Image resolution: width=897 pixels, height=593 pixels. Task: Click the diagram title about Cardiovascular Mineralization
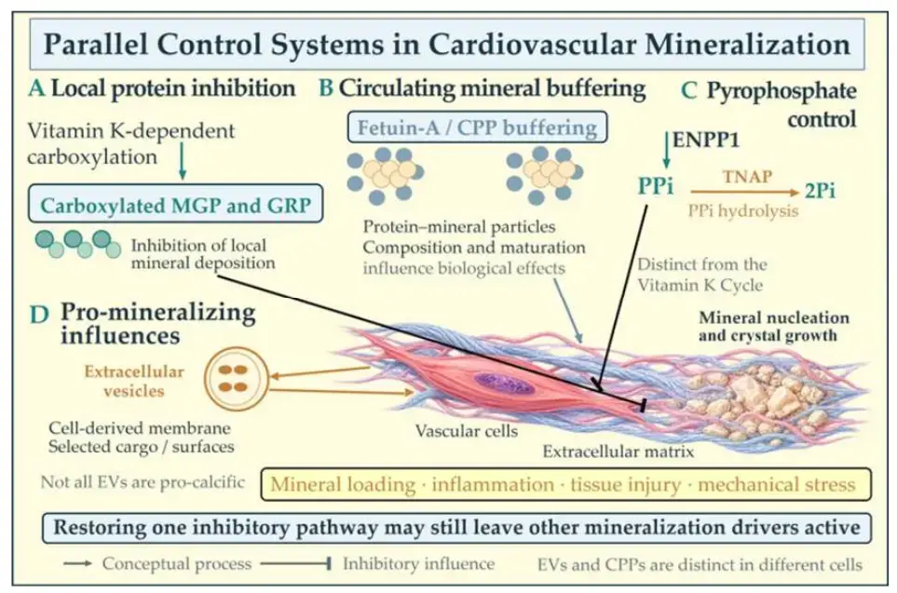tap(447, 44)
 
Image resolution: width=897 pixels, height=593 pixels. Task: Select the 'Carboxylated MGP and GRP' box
tap(176, 204)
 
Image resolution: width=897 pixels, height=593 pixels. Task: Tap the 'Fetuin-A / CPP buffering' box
tap(477, 127)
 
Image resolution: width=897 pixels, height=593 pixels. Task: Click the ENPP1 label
tap(706, 140)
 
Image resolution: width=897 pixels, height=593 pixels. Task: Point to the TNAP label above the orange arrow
tap(747, 176)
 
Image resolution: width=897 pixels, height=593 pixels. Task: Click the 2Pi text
tap(820, 191)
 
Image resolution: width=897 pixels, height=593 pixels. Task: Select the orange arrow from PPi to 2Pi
tap(744, 192)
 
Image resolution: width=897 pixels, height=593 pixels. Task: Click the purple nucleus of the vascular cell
tap(504, 384)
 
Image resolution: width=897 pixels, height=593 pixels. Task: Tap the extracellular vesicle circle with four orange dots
tap(236, 379)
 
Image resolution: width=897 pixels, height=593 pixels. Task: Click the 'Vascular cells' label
tap(467, 431)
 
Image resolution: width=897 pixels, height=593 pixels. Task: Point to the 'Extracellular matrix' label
tap(618, 451)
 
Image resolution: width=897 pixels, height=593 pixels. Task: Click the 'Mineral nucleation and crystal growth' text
tap(773, 326)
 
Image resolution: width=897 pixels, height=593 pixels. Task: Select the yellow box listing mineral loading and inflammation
tap(565, 484)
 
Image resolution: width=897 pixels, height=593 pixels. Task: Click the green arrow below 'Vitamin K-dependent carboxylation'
tap(183, 161)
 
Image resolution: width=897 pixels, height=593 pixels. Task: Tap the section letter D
tap(39, 315)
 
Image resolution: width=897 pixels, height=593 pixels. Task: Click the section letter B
tap(326, 88)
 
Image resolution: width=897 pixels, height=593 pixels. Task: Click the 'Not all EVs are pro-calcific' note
tap(143, 482)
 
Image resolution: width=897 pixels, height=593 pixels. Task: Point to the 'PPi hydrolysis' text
tap(743, 211)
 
